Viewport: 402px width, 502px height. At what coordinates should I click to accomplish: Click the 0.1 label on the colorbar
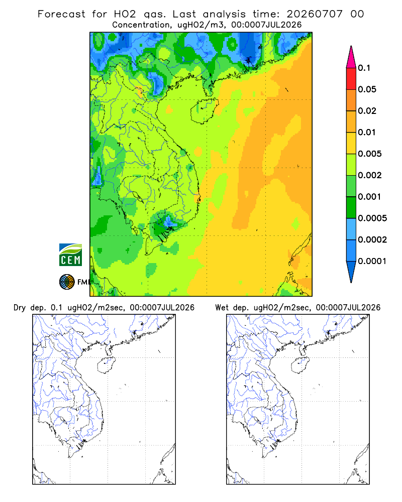point(364,68)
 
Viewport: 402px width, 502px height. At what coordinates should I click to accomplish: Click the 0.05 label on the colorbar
point(367,89)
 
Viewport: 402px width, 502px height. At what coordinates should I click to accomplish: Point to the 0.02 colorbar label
point(367,111)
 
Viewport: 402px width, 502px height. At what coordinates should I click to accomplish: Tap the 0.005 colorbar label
point(370,154)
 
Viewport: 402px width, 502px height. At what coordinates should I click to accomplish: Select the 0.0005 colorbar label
point(372,218)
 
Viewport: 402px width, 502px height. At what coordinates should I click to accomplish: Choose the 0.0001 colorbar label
point(372,261)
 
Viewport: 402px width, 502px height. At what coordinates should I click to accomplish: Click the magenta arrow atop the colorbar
point(351,57)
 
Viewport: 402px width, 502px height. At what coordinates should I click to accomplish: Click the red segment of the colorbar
point(351,79)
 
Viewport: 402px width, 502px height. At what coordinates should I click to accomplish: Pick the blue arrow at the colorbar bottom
point(351,272)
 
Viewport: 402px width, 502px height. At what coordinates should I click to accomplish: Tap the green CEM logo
point(70,255)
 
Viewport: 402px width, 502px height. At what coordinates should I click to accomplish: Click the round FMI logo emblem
point(67,282)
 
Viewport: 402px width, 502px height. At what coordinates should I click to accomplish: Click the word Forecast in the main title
point(61,14)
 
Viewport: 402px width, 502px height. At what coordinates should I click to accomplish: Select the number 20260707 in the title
point(315,14)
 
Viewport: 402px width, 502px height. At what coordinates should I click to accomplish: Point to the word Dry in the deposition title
point(20,308)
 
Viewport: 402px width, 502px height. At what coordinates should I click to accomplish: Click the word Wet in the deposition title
point(222,308)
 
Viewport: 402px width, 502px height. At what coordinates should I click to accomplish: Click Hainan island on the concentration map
point(204,111)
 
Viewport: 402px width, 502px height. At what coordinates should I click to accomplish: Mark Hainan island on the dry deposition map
point(106,365)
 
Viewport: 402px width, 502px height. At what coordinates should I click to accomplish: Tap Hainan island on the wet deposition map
point(300,365)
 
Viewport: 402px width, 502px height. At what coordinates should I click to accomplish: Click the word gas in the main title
point(155,15)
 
